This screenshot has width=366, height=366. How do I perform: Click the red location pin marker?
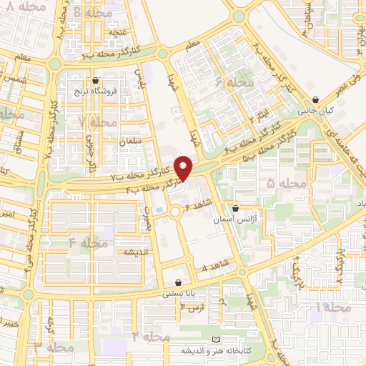coord(184,168)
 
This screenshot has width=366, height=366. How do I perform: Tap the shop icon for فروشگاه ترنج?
coord(96,81)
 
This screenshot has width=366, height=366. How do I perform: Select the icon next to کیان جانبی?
coord(316,100)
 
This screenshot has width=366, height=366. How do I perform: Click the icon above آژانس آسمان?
coord(235,209)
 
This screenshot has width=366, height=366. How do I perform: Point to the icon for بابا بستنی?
coord(178,282)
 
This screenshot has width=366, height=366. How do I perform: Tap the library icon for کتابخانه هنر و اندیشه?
coord(217,339)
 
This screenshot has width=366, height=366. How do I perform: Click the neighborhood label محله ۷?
coord(97,122)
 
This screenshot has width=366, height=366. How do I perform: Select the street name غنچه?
coord(117,32)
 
